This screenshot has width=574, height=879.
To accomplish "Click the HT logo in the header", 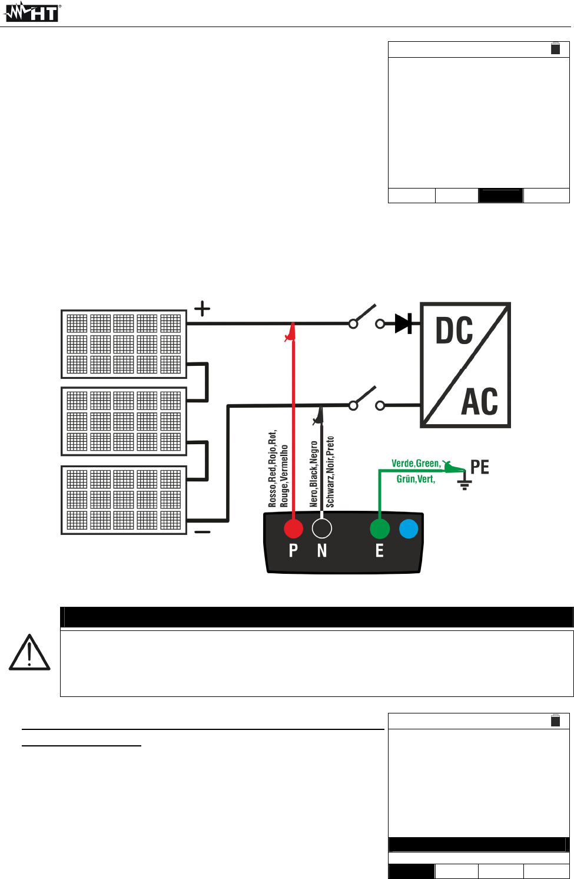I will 32,12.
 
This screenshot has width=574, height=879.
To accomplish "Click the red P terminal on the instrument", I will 293,528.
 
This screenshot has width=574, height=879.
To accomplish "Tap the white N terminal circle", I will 321,528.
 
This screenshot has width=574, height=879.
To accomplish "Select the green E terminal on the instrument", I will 380,528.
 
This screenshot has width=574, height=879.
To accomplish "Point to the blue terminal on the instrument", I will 409,528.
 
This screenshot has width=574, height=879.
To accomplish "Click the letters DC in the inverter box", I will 454,331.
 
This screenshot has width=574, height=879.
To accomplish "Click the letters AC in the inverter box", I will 479,402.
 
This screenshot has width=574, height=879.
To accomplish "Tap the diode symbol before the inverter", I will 403,323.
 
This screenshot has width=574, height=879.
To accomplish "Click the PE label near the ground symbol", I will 480,467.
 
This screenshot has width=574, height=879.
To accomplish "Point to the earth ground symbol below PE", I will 464,484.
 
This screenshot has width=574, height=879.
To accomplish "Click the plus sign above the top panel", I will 202,309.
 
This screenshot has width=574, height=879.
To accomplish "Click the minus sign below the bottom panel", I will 202,532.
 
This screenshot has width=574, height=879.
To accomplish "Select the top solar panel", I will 124,344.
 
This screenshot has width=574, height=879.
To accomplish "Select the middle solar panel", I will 124,421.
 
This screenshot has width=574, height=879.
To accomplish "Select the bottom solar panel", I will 124,500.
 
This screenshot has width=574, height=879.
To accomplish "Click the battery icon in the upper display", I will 555,48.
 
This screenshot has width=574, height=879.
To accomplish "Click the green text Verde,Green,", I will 416,464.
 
